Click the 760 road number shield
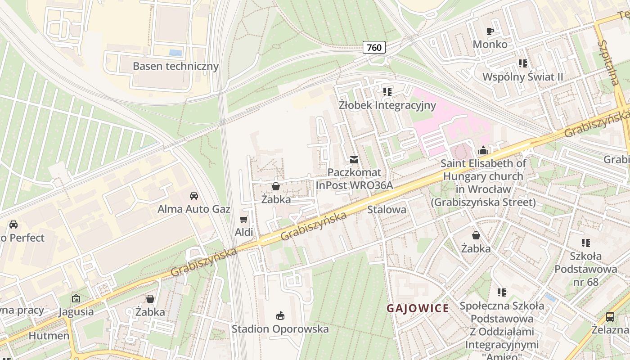point(374,47)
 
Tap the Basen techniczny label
point(175,66)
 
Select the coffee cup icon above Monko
point(490,31)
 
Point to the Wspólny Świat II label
point(522,77)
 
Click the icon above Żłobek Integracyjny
point(387,92)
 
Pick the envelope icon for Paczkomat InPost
point(354,160)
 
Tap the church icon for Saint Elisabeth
point(483,150)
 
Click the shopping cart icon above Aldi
point(244,219)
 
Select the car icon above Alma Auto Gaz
point(194,196)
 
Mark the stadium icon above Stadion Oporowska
point(280,315)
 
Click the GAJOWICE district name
point(418,308)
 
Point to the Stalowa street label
point(387,210)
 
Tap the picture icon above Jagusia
point(76,298)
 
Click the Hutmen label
point(49,336)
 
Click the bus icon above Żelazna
point(610,316)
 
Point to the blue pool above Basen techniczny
point(175,53)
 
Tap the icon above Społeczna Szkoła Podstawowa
point(502,292)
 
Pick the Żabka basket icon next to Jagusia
point(150,299)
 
